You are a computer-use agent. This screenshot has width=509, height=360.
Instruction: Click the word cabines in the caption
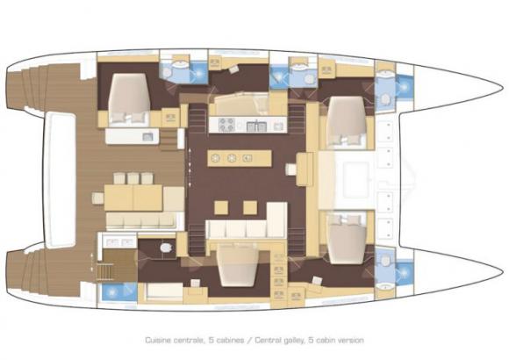point(231,339)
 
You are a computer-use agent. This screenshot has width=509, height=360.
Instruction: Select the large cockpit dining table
point(126,194)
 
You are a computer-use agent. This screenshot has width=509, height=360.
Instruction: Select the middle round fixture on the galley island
point(232,158)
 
